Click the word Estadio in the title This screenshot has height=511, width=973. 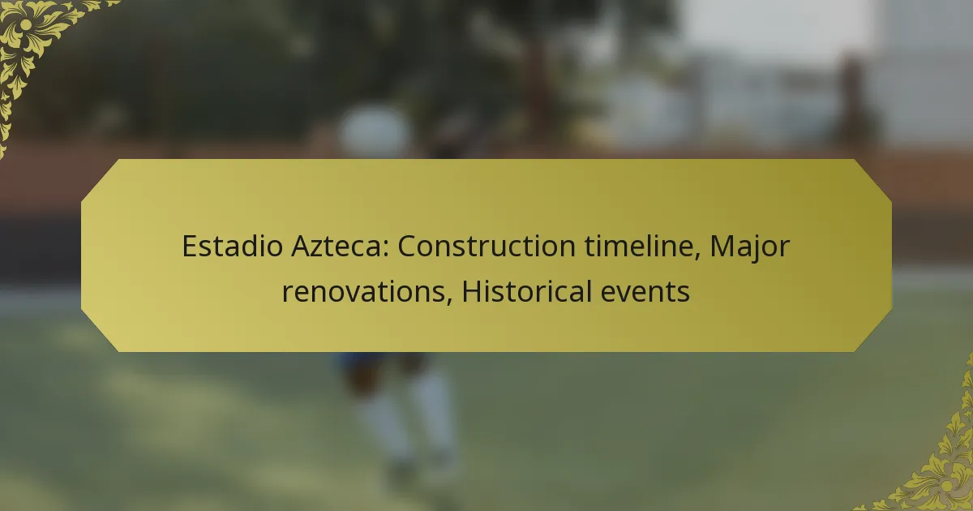click(x=233, y=246)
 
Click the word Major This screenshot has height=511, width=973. click(x=749, y=247)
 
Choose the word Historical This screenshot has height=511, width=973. click(x=526, y=290)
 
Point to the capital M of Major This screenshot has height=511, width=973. click(x=722, y=247)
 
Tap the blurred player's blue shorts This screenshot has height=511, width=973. click(x=382, y=361)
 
